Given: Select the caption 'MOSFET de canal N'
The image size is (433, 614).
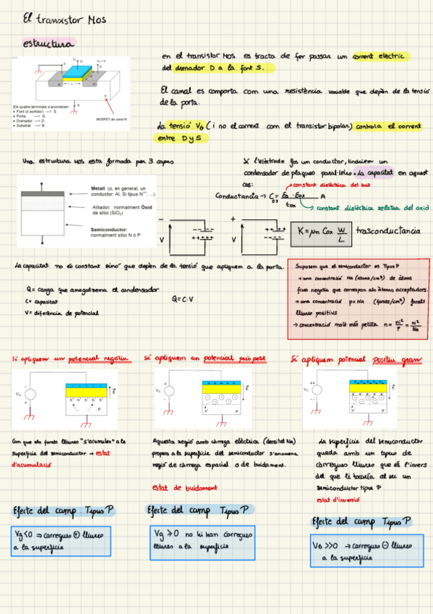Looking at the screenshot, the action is pyautogui.click(x=111, y=119).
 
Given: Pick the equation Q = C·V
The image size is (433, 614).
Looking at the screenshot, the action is pyautogui.click(x=186, y=298).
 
